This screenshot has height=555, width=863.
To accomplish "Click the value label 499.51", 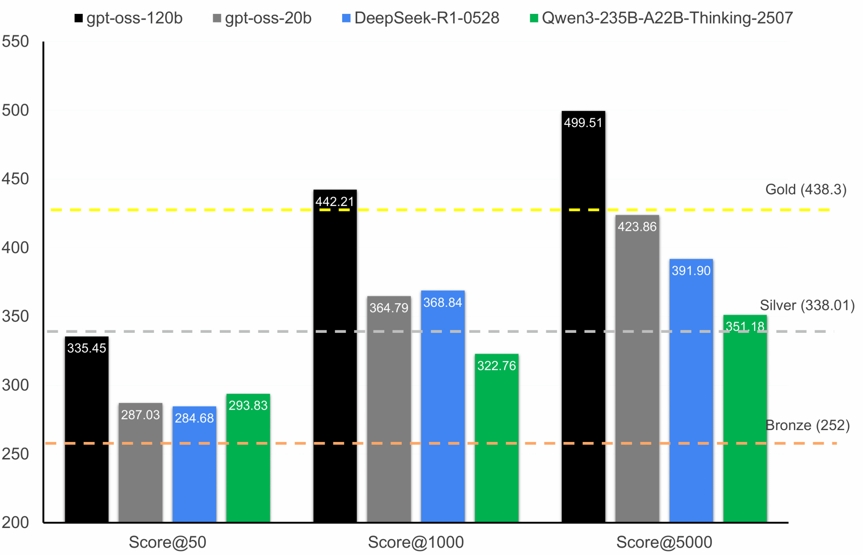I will click(583, 123).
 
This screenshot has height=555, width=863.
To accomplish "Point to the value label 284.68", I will click(194, 418).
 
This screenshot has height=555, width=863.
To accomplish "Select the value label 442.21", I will click(335, 202).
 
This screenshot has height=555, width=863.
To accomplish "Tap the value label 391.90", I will click(691, 271).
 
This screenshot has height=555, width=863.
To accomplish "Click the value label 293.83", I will click(248, 405).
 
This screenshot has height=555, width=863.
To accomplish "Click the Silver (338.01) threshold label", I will click(807, 305).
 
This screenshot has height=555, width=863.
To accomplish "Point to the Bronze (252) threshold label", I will click(808, 425).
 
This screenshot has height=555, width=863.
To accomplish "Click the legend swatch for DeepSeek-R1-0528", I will click(346, 18).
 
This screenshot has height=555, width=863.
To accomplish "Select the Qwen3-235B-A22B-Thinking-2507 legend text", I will click(667, 18).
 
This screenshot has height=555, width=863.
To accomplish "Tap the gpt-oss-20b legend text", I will click(268, 18).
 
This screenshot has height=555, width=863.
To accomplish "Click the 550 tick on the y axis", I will click(15, 42).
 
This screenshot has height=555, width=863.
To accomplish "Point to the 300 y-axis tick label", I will click(15, 385).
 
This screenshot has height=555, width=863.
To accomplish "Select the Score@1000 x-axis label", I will click(416, 543).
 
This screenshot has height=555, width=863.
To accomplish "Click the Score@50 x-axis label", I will click(167, 543).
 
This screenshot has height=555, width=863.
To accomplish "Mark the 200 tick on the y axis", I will click(15, 523).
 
